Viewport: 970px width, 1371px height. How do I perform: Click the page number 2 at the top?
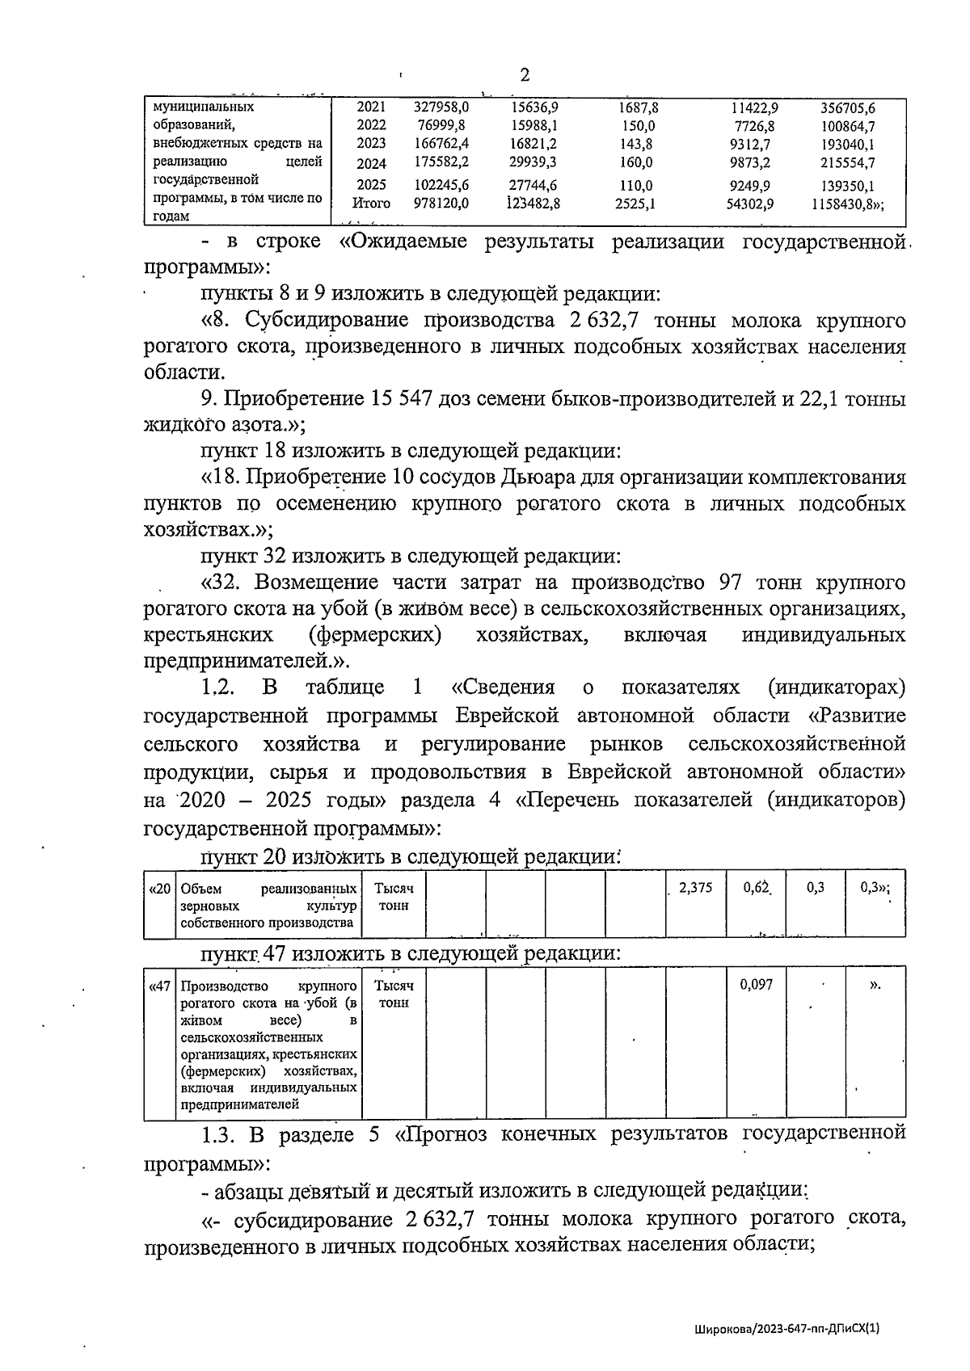pyautogui.click(x=525, y=75)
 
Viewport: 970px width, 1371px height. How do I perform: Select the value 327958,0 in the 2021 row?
pyautogui.click(x=441, y=107)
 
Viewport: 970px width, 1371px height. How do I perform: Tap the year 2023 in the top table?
pyautogui.click(x=371, y=144)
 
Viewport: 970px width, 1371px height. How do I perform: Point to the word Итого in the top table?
pyautogui.click(x=372, y=204)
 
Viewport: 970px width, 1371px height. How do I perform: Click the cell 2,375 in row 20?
pyautogui.click(x=696, y=888)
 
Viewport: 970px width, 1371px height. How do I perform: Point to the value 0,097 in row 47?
pyautogui.click(x=757, y=985)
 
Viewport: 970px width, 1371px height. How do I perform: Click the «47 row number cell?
pyautogui.click(x=160, y=986)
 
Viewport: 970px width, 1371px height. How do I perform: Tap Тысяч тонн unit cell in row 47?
pyautogui.click(x=394, y=995)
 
